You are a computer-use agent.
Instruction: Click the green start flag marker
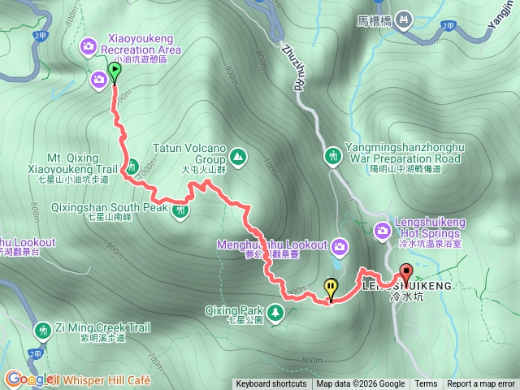[114, 72]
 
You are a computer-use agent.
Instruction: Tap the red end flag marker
[405, 273]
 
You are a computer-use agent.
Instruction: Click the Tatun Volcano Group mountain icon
[238, 155]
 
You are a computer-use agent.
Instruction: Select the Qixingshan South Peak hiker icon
[180, 211]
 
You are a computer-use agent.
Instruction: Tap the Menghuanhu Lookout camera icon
[340, 245]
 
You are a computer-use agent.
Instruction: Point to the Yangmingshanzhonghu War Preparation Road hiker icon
[332, 154]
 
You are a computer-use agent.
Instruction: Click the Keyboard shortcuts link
[271, 384]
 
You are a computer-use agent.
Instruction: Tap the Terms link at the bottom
[426, 384]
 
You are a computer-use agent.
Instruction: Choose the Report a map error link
[481, 384]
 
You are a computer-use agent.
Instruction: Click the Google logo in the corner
[28, 379]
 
